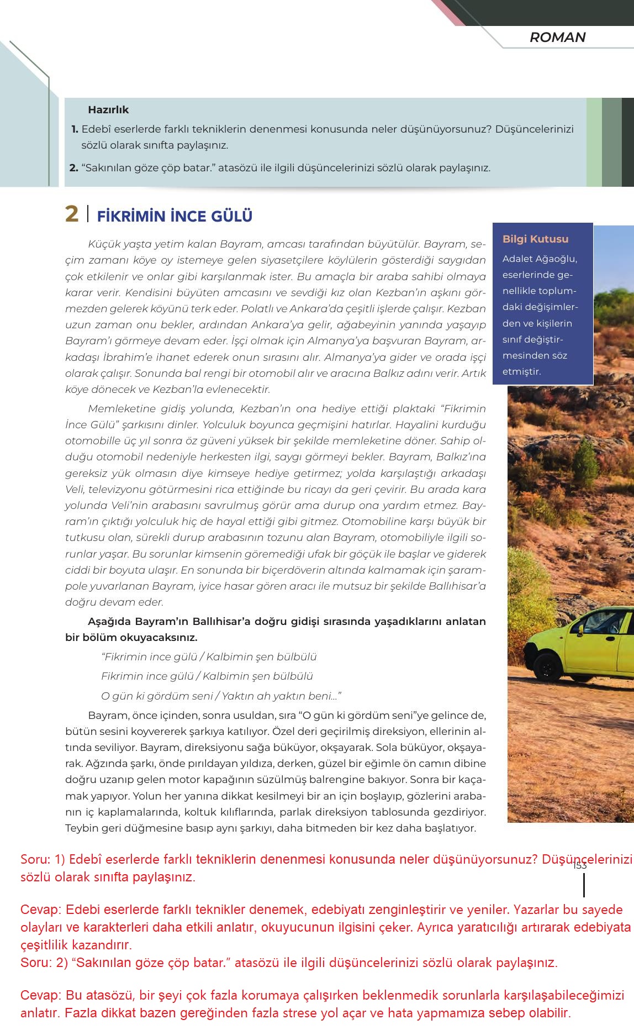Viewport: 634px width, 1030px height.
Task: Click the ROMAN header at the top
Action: (x=557, y=38)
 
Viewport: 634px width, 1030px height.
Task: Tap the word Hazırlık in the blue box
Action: (x=108, y=110)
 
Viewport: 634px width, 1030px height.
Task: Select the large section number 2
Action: (x=72, y=214)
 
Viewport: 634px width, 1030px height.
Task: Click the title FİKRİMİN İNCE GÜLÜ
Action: (x=175, y=216)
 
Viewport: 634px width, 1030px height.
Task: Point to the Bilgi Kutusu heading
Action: (x=535, y=239)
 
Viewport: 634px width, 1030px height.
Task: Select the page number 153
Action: (x=579, y=865)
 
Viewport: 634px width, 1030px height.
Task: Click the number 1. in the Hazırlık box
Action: (x=75, y=129)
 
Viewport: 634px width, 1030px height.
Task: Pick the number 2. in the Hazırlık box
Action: (x=74, y=168)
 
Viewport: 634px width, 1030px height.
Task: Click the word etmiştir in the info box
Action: (x=521, y=371)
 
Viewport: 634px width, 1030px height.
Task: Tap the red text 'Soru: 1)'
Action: (x=43, y=860)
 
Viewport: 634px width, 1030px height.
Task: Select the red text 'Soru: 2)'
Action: (x=44, y=963)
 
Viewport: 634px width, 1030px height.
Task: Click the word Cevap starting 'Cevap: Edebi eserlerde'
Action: (x=41, y=910)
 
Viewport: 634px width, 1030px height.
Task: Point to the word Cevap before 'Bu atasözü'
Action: (x=41, y=996)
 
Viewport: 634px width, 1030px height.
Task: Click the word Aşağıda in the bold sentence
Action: (x=109, y=622)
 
